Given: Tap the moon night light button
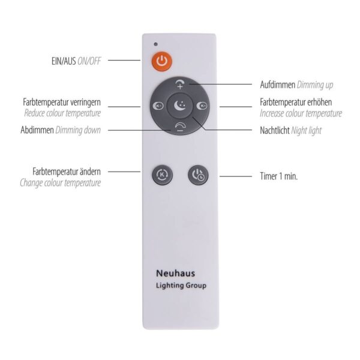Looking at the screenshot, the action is (x=179, y=106).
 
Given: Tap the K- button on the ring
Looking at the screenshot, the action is (x=158, y=106).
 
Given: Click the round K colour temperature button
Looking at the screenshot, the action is (x=162, y=175).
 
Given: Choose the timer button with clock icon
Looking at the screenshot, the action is (x=198, y=175).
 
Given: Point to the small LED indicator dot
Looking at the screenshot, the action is (x=156, y=44).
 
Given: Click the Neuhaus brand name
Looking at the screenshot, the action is (x=176, y=273).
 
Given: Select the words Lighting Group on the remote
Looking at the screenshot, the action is (x=181, y=286).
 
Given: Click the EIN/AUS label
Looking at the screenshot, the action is (x=64, y=61).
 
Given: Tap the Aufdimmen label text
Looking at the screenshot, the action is (x=277, y=85).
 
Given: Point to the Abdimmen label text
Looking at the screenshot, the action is (x=37, y=130).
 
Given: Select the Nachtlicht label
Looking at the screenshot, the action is (x=275, y=130).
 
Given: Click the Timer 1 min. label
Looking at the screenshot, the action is (x=279, y=176).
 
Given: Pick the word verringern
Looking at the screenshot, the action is (x=85, y=102).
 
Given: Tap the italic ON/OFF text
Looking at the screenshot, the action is (x=89, y=61).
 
